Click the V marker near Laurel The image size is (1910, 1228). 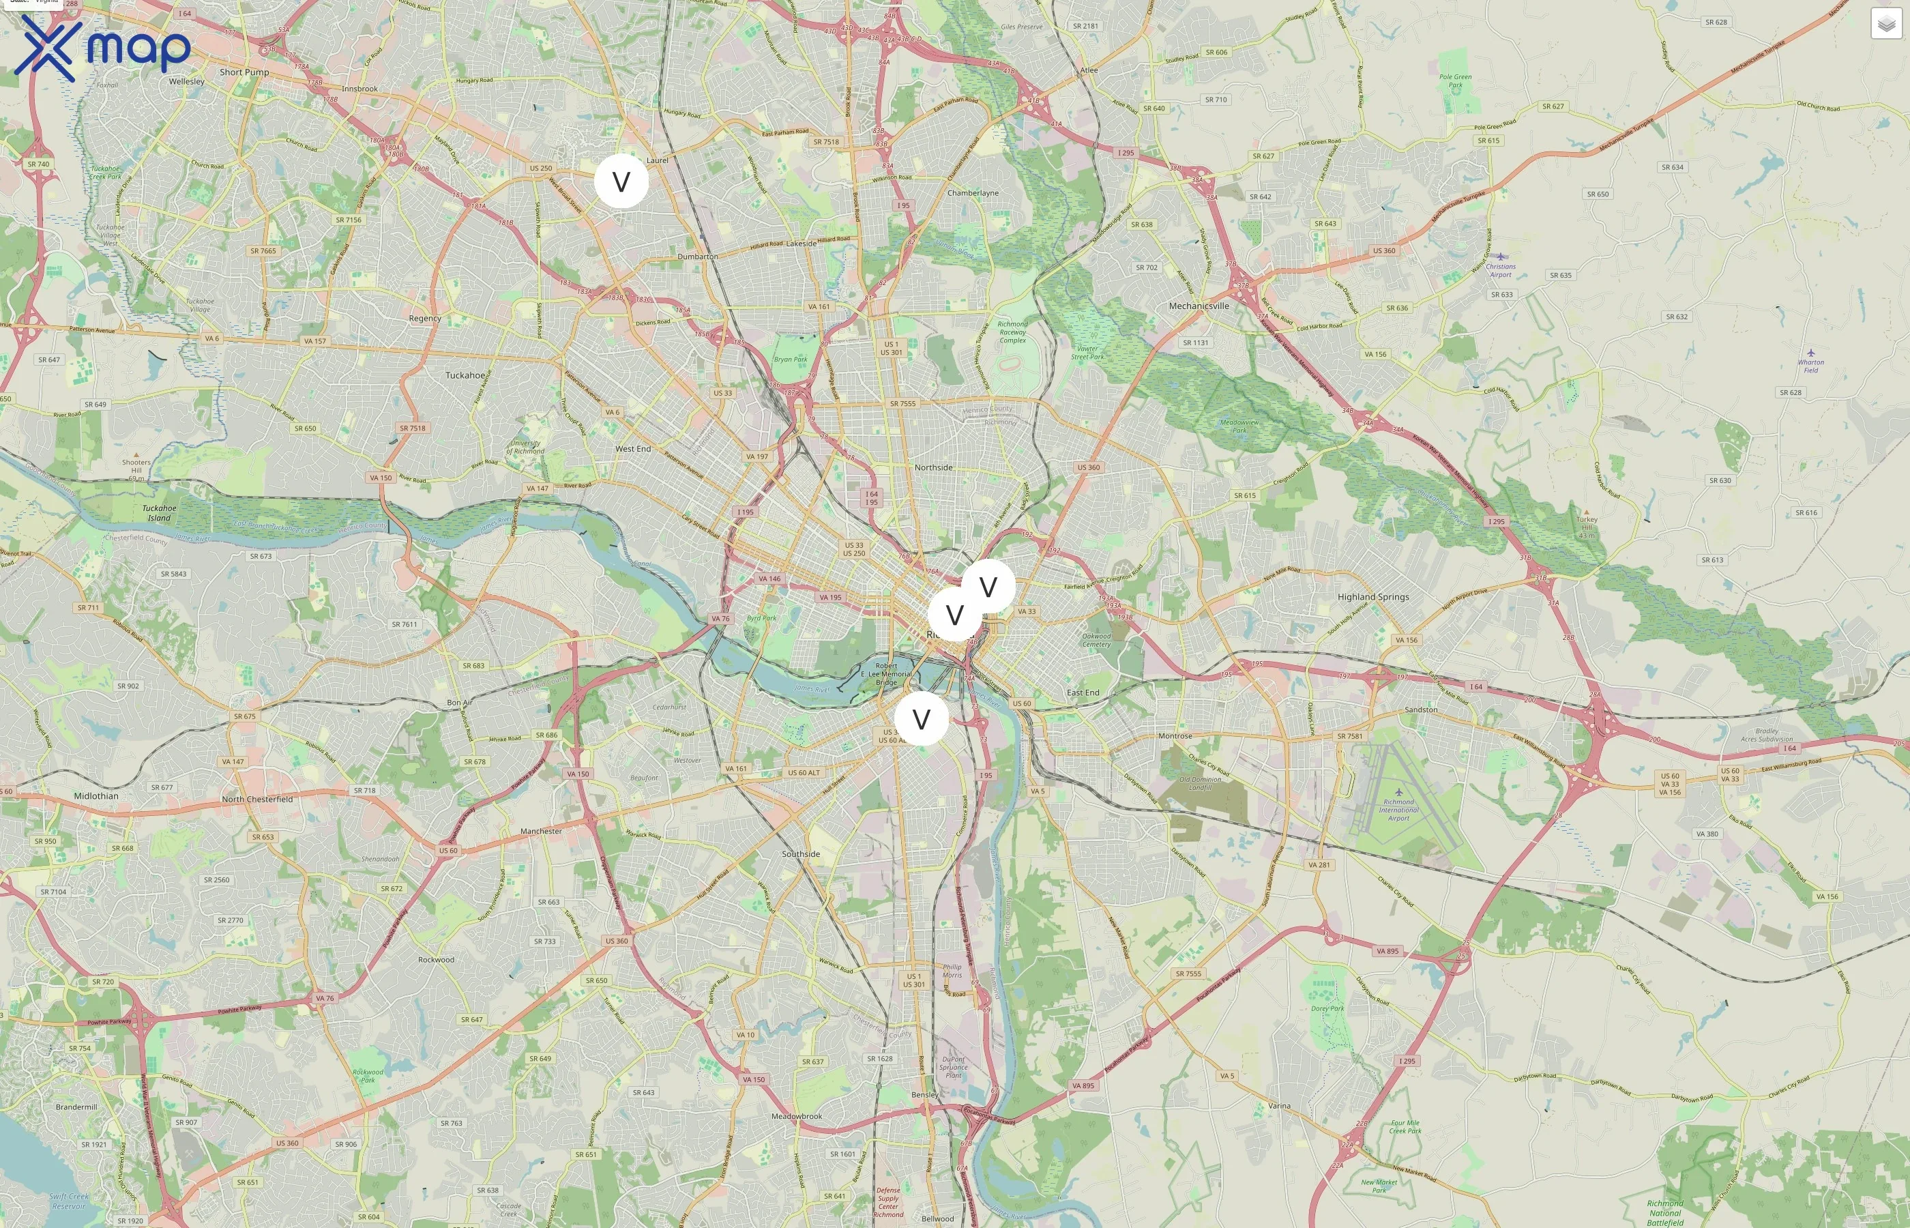(621, 181)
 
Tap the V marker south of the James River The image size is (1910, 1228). (921, 719)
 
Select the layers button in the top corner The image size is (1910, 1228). (1886, 24)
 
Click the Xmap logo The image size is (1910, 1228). (102, 48)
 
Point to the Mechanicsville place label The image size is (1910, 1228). (1198, 306)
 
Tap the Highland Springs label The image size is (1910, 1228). (1372, 596)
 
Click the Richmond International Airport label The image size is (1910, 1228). (1398, 809)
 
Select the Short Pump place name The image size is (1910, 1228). (244, 72)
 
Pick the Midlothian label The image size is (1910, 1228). (95, 795)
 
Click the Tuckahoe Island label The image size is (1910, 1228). (159, 513)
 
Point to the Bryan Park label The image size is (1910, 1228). (790, 360)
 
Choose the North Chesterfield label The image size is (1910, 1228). (256, 799)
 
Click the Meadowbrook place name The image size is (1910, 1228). (796, 1116)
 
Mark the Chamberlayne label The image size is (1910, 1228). (973, 193)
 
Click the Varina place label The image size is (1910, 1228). (1278, 1106)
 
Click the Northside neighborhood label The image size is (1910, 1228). (933, 467)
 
